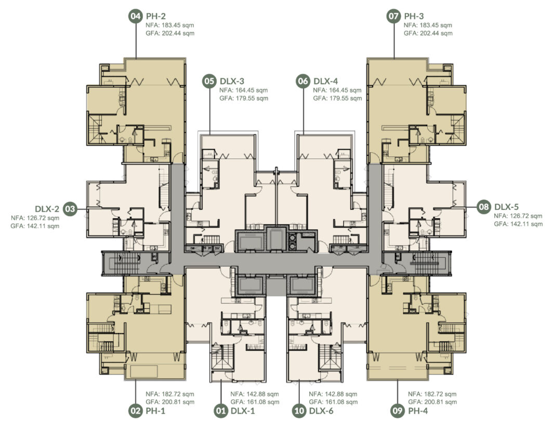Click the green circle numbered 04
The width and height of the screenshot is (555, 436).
coord(135,16)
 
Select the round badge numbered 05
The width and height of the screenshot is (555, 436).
coord(209,81)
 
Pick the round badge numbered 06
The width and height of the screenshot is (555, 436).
coord(303,81)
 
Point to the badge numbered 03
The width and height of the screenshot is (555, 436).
coord(70,209)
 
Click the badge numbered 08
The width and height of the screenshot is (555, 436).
coord(483,207)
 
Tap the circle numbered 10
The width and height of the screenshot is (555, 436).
coord(299,411)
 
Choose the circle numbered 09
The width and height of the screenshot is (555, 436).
coord(398,411)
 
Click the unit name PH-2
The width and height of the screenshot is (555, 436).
coord(156,16)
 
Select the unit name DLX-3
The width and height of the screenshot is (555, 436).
coord(232,81)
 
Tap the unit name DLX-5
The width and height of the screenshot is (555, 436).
coord(507,207)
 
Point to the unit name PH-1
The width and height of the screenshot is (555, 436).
coord(156,411)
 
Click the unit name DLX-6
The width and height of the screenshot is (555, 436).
coord(321,411)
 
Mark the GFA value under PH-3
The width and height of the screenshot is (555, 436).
coord(428,33)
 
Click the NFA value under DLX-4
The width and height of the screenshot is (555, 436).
coord(337,90)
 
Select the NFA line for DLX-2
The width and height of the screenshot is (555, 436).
coord(35,218)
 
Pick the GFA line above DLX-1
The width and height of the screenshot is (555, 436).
coord(255,402)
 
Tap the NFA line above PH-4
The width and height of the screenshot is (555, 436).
coord(432,394)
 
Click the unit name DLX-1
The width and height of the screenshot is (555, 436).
coord(243,411)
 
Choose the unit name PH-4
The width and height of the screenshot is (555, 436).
coord(418,411)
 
